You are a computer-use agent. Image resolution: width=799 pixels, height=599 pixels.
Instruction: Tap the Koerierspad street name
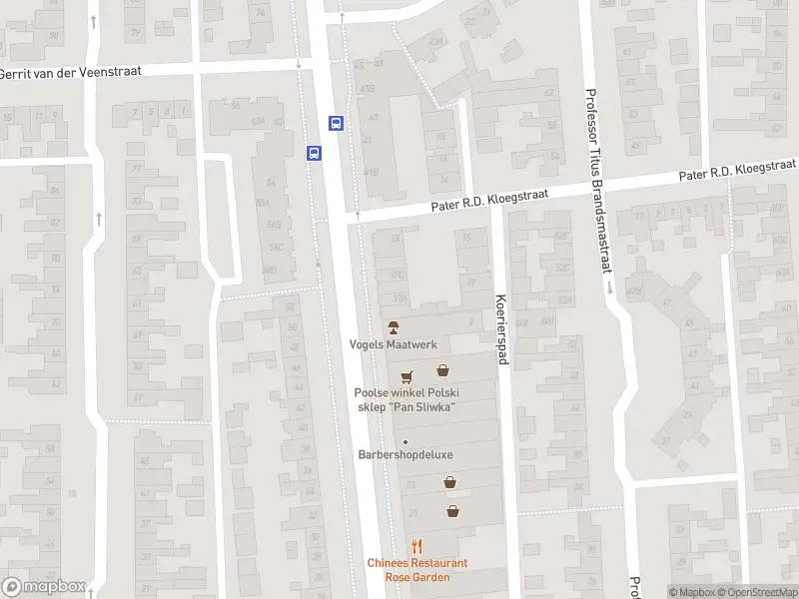[x=501, y=329]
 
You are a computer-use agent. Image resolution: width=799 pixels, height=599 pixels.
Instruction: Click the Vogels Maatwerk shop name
[x=394, y=344]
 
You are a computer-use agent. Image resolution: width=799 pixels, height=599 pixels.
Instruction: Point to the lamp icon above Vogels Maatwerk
[x=394, y=326]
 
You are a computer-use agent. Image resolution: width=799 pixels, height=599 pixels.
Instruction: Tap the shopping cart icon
[x=405, y=376]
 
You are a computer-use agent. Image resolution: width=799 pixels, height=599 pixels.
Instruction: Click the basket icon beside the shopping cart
[x=441, y=369]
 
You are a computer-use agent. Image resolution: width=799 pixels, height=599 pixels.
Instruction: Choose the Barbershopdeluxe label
[x=405, y=455]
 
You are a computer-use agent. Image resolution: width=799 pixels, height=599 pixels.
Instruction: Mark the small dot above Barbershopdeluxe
[x=405, y=442]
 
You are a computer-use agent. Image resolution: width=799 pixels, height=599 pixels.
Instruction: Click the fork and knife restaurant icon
[x=416, y=546]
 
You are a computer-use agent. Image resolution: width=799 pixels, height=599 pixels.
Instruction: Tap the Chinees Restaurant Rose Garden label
[x=416, y=570]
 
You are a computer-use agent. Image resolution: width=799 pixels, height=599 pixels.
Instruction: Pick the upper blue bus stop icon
[x=337, y=124]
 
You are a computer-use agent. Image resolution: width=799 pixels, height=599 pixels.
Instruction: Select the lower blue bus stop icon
[x=314, y=153]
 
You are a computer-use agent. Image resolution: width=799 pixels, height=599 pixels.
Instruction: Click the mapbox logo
[x=44, y=587]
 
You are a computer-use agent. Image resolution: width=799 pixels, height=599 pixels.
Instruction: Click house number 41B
[x=372, y=173]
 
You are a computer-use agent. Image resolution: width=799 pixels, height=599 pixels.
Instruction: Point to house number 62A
[x=258, y=121]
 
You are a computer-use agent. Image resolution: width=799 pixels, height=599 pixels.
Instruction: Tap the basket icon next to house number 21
[x=453, y=511]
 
